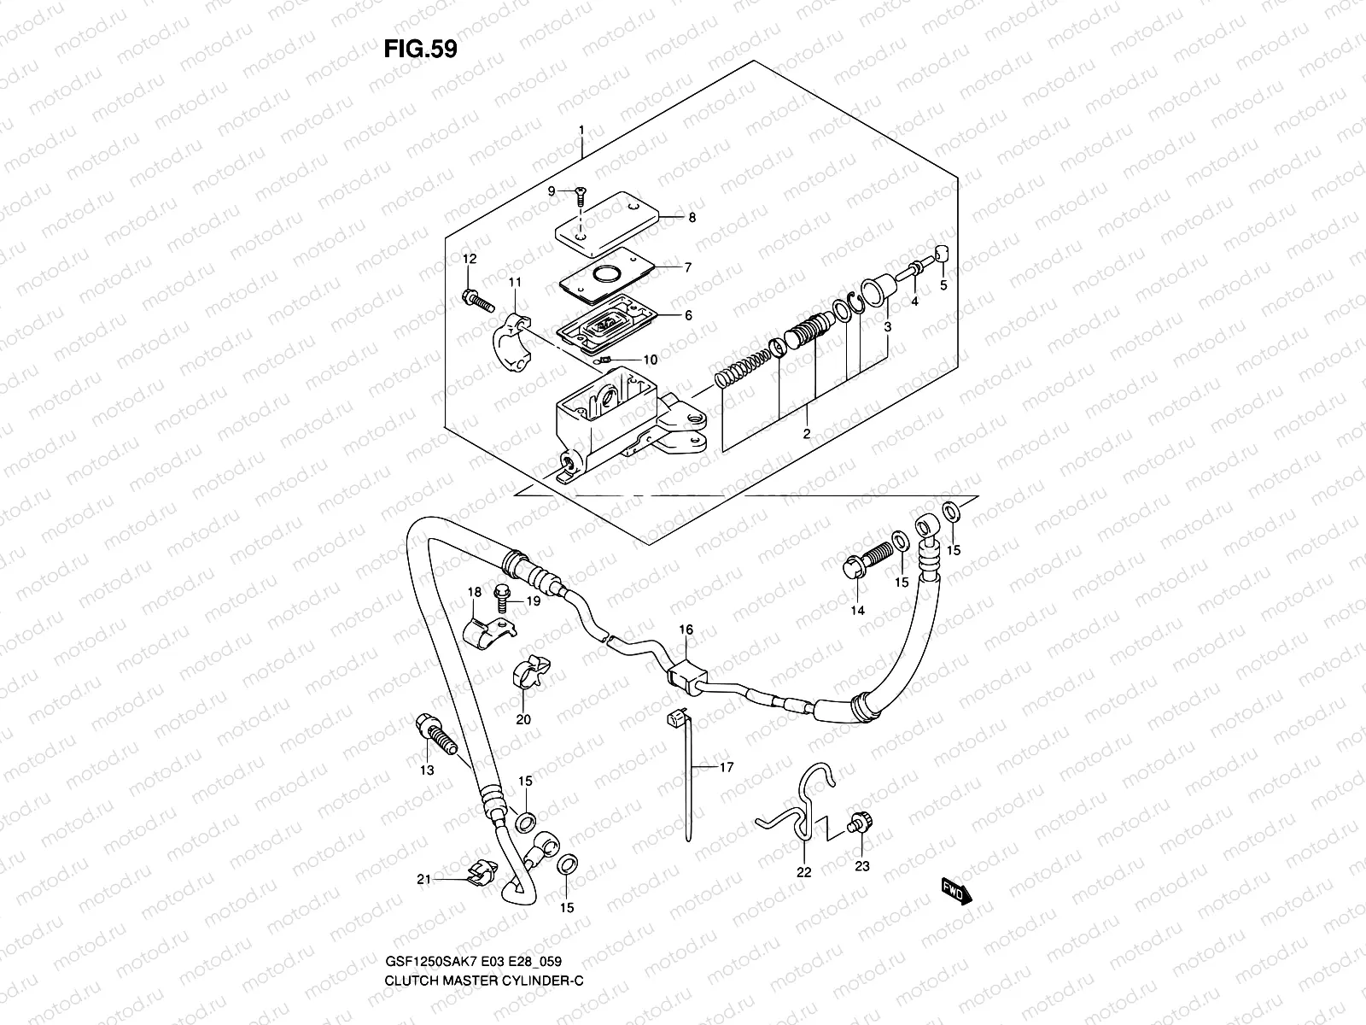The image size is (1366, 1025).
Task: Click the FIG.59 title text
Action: point(420,49)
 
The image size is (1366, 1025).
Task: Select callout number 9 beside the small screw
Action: point(552,191)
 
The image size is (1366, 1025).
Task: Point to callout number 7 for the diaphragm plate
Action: point(687,267)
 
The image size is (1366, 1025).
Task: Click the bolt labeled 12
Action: point(476,301)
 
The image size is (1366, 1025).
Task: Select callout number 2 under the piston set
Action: point(806,434)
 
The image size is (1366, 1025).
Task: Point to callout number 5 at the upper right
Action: point(943,286)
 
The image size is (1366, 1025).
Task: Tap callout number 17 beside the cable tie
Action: point(726,768)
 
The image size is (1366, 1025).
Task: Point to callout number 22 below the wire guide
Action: point(804,872)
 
